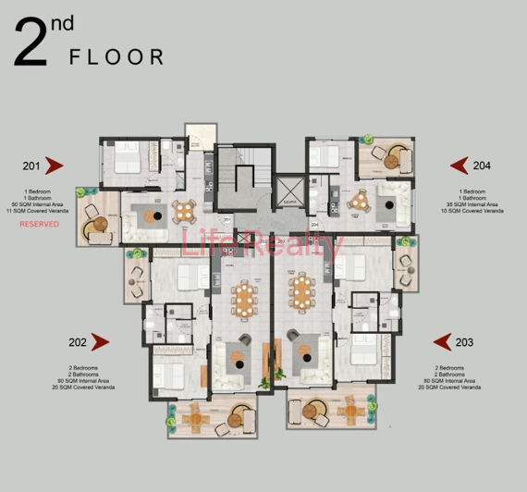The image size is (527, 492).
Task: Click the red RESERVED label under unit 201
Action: pyautogui.click(x=40, y=224)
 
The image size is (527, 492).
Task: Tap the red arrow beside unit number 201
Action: pyautogui.click(x=55, y=166)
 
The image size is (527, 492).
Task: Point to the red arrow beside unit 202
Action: pyautogui.click(x=100, y=342)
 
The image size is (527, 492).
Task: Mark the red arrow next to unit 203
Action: pyautogui.click(x=437, y=342)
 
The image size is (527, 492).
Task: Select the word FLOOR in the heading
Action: pyautogui.click(x=117, y=57)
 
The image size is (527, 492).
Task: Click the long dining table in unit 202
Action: pyautogui.click(x=244, y=297)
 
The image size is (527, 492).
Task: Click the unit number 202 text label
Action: pyautogui.click(x=78, y=342)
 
